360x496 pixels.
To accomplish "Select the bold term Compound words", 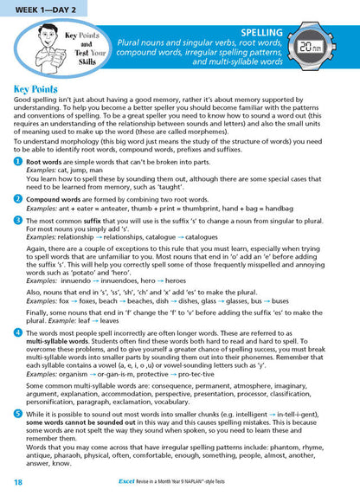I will coord(55,197).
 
